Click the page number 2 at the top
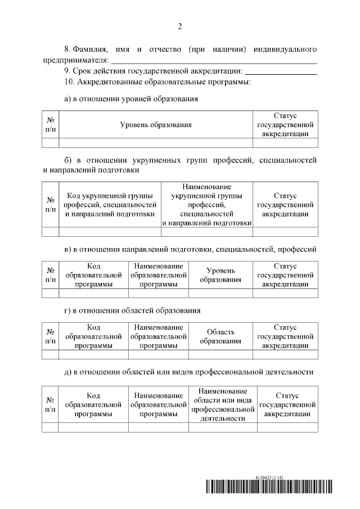pos(180,26)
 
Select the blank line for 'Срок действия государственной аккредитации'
pos(281,72)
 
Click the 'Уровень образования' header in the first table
pos(155,125)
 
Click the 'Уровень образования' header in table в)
pos(220,275)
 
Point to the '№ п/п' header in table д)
pos(50,404)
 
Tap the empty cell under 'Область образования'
pos(220,354)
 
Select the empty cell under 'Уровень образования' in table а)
pos(155,142)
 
